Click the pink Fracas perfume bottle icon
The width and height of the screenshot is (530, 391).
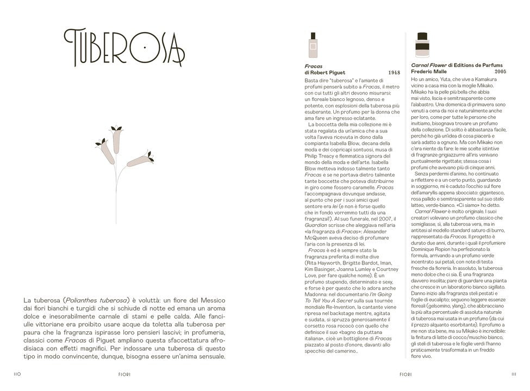[312, 46]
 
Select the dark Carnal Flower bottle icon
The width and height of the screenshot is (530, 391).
[421, 45]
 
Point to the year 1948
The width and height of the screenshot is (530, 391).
[394, 72]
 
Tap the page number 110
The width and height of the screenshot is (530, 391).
[17, 374]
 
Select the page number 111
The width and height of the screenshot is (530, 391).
[514, 374]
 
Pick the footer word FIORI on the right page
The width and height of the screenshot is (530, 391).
[406, 374]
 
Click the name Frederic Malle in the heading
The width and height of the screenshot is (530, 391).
[429, 71]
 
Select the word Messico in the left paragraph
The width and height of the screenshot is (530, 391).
[212, 299]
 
